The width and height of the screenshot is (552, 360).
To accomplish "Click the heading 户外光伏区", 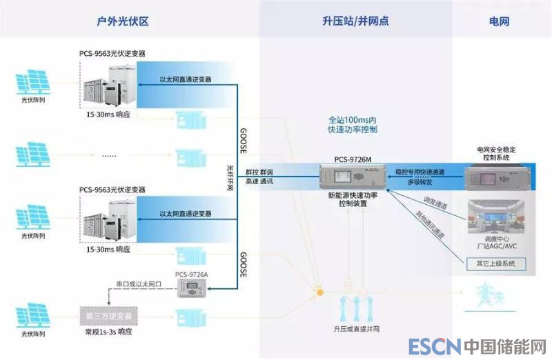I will [124, 21].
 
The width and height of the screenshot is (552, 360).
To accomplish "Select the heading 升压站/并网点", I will [355, 21].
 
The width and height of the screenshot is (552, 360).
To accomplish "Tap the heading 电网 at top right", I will [499, 21].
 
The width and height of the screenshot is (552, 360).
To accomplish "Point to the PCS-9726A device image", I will [191, 290].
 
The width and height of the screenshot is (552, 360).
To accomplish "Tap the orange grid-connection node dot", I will [320, 292].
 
